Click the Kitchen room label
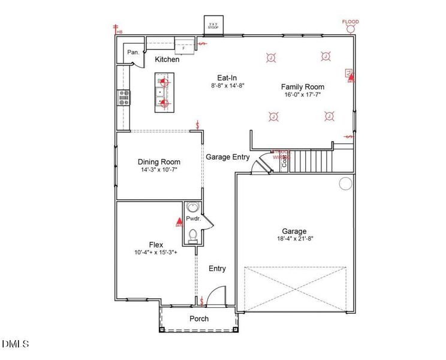coord(167,59)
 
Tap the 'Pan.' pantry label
coord(133,53)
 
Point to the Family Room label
coord(304,86)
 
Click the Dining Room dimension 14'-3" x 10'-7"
coord(158,170)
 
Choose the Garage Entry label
coord(228,157)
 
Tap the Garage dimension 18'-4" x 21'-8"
coord(294,239)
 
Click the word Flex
coord(156,245)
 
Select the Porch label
coord(199,319)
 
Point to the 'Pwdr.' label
coord(193,220)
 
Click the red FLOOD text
coord(351,22)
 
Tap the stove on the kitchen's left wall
coord(124,98)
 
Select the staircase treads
coord(311,161)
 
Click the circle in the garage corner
coord(345,184)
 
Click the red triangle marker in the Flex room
coord(179,223)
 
